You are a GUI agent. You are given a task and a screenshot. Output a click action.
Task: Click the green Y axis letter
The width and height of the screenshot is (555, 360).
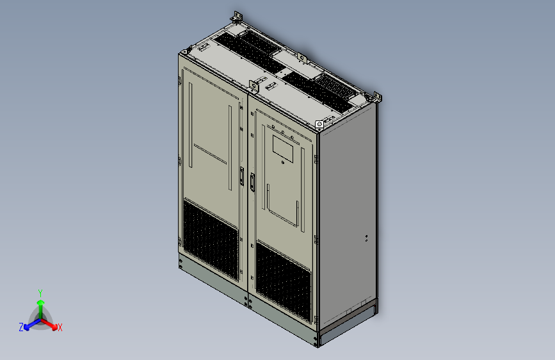coord(40,292)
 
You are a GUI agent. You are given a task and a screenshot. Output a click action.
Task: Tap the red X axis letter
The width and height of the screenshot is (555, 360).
coord(60,328)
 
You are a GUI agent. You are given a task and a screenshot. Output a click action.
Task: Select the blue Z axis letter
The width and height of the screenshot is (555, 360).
coord(21,327)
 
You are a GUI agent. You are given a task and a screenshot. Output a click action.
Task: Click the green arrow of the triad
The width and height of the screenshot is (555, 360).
coord(40,304)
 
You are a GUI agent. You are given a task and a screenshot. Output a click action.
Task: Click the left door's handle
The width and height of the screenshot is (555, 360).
coord(241,176)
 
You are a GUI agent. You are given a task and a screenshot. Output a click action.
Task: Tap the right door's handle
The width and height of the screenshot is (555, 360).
coord(253,182)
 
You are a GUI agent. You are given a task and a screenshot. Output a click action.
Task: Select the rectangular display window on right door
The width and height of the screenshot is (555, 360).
coord(282,148)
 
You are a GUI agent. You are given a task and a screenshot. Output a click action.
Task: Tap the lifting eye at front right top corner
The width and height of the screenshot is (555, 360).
coord(319,124)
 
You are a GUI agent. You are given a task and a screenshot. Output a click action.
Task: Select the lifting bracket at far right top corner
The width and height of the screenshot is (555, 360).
coord(376,97)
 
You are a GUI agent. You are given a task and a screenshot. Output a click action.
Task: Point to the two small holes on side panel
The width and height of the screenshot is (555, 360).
coord(366,239)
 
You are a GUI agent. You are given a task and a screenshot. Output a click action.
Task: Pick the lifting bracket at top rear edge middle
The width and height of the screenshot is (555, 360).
coord(302,58)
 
